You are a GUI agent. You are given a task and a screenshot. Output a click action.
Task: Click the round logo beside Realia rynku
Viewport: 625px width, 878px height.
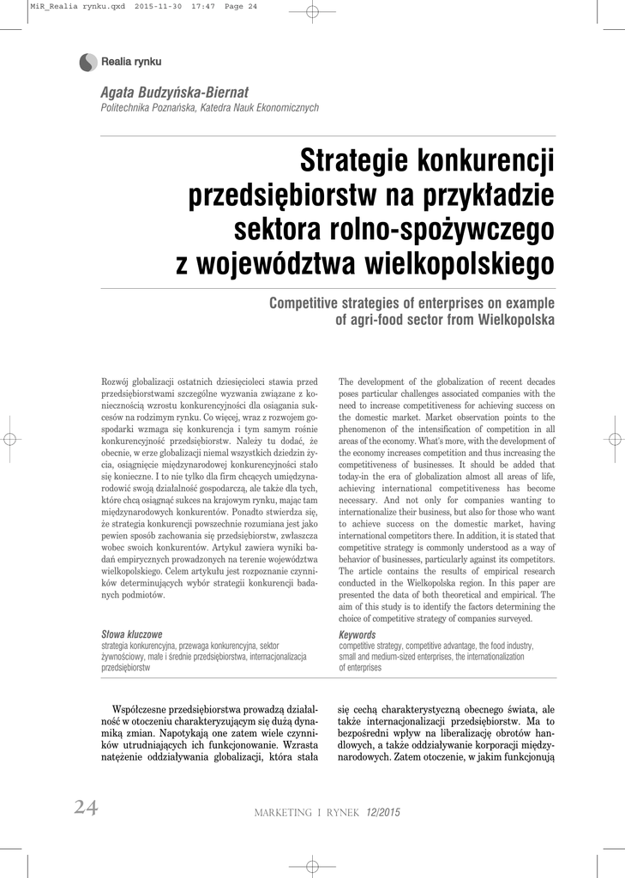[x=87, y=62]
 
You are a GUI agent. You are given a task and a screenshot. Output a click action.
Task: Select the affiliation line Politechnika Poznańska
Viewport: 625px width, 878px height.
[x=210, y=108]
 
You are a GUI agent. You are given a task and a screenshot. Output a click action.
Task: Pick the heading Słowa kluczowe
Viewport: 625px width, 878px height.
[x=131, y=634]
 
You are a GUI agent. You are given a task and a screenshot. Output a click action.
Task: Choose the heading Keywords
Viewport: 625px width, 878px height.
[x=358, y=634]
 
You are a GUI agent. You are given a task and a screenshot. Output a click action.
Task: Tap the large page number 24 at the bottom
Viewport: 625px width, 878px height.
[x=85, y=807]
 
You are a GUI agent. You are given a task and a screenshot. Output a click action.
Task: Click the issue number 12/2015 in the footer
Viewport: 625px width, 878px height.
[x=383, y=812]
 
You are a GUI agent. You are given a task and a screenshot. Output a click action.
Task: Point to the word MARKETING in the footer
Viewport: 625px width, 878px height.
[x=289, y=812]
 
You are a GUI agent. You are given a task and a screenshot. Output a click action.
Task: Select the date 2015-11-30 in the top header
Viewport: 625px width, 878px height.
[x=159, y=6]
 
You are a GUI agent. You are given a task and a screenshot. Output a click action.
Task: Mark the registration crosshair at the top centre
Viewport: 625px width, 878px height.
[x=312, y=11]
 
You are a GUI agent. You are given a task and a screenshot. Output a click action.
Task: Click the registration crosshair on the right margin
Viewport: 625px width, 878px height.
[x=613, y=438]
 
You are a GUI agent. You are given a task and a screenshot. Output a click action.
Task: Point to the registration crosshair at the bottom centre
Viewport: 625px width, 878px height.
[x=312, y=866]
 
